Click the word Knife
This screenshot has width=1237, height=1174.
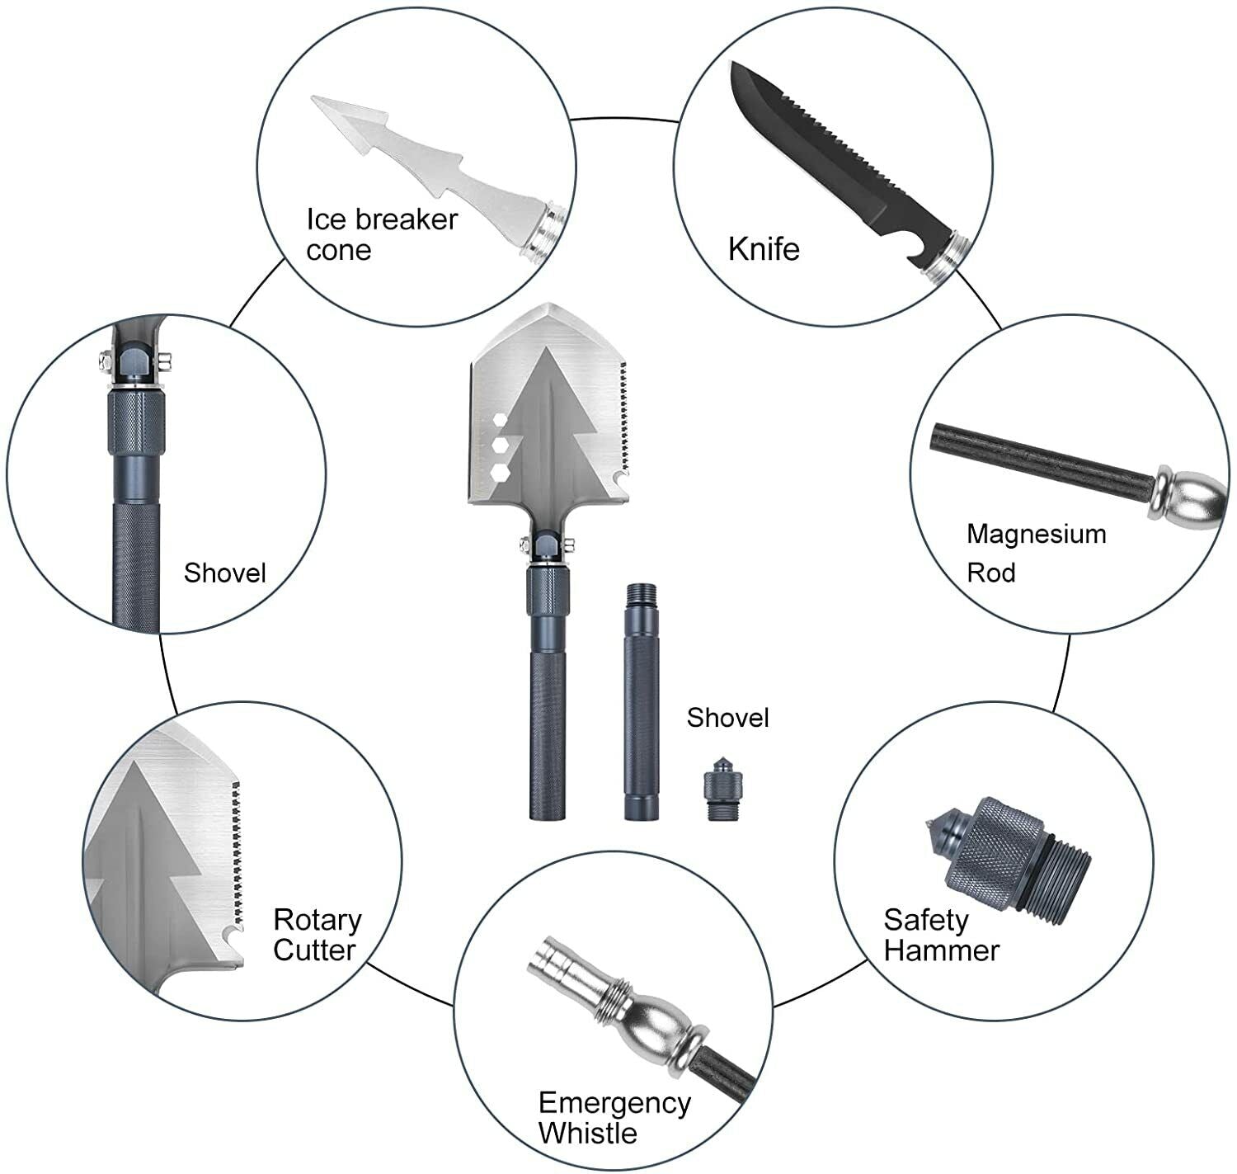tap(764, 249)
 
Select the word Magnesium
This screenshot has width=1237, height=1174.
tap(1036, 534)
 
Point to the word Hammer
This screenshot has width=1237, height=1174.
tap(941, 950)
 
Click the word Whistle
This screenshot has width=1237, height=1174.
tap(587, 1133)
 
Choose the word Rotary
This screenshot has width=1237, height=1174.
tap(317, 919)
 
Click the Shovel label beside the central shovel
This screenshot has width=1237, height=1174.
tap(727, 718)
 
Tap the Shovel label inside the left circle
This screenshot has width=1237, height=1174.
tap(224, 573)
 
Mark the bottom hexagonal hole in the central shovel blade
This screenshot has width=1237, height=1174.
tap(500, 473)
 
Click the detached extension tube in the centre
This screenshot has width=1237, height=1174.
tap(642, 701)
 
